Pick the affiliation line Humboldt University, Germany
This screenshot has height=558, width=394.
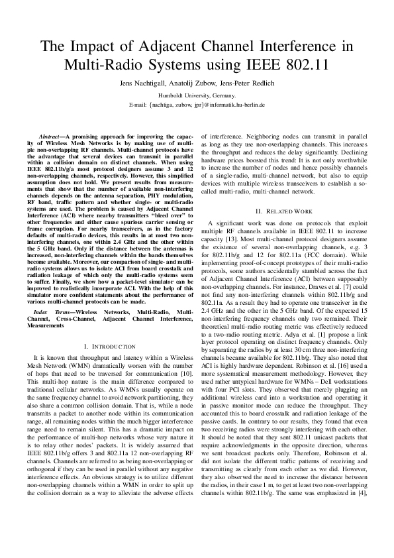pyautogui.click(x=197, y=95)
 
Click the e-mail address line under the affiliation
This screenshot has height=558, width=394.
pyautogui.click(x=197, y=105)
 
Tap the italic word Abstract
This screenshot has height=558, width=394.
pyautogui.click(x=52, y=135)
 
